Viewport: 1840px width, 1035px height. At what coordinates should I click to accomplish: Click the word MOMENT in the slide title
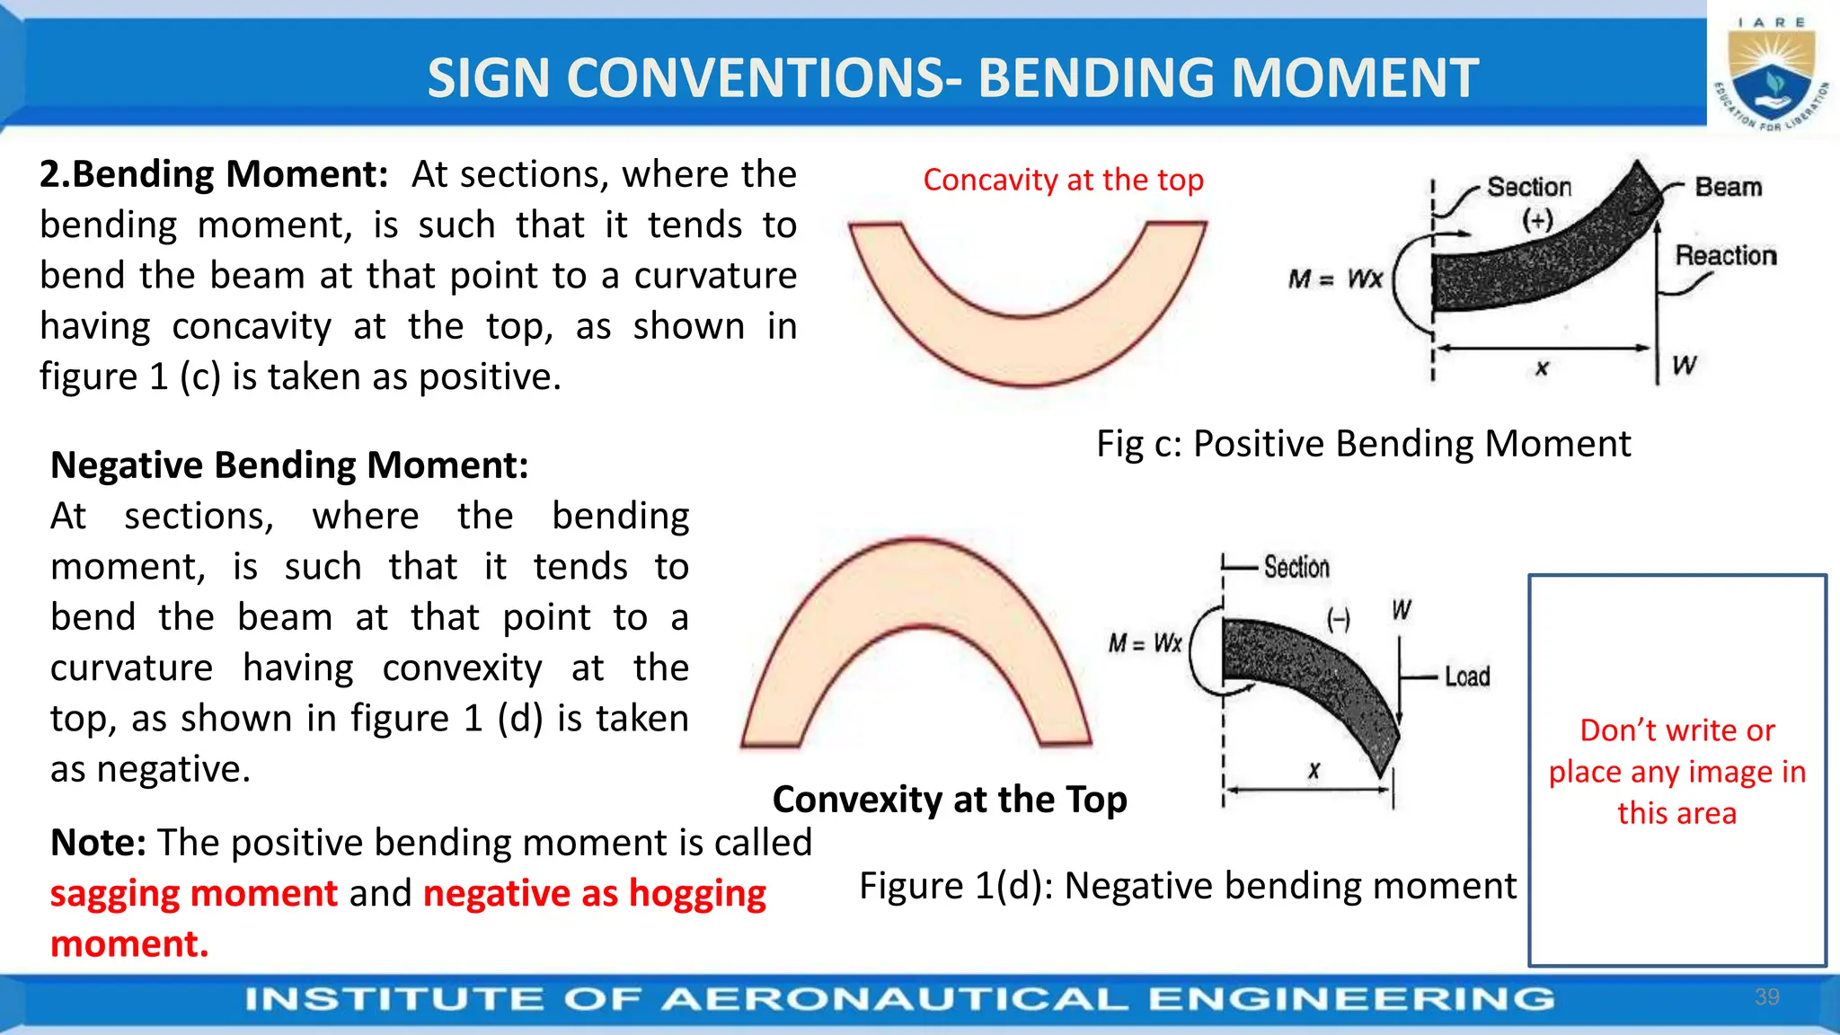1354,78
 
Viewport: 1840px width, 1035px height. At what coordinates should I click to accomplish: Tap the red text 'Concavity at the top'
1063,180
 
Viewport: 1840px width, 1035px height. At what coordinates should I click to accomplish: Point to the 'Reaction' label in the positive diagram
1726,256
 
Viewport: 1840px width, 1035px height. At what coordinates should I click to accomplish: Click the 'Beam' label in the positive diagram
1728,187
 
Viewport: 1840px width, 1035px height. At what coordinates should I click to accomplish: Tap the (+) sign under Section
1537,220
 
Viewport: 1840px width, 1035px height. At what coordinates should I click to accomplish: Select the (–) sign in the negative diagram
1339,619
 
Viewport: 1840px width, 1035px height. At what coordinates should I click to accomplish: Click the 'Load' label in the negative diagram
1467,677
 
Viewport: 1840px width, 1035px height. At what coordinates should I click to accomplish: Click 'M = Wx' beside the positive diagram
1335,279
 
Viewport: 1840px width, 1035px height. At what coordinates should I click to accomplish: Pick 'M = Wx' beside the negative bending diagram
1145,643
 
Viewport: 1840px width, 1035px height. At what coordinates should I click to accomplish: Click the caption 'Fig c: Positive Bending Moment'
1363,444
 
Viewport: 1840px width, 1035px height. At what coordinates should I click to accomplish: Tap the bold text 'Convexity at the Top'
950,799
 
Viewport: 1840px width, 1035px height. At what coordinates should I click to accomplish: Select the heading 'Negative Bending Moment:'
289,465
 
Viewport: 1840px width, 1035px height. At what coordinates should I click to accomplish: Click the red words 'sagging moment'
194,893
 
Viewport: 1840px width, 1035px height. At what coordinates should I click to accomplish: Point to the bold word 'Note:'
98,843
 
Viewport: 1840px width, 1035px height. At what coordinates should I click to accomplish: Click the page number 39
1766,996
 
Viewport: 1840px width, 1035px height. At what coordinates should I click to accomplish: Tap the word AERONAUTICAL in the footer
894,999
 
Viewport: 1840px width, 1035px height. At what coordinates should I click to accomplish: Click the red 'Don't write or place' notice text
1676,771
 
